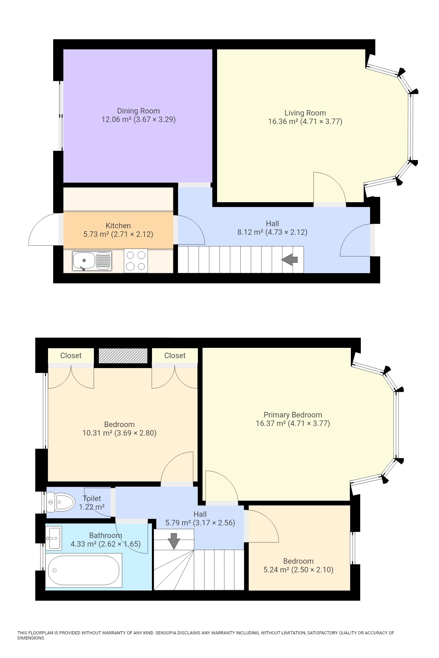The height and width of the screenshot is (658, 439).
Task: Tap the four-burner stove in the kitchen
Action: pos(136,260)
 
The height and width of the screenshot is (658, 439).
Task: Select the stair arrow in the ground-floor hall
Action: pos(289,260)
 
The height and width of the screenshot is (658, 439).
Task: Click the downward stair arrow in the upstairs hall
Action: pos(174,541)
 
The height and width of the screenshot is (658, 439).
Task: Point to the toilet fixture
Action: pos(61,503)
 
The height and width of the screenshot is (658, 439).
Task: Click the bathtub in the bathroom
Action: pos(84,570)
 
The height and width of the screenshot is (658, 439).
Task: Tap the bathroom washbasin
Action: pos(54,537)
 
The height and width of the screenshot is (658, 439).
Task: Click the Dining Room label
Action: pos(138,111)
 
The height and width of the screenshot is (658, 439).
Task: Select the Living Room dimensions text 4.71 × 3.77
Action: pos(321,121)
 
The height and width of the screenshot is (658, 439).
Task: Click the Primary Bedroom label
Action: pos(293,415)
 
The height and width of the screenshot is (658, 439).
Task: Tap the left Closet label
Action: pos(71,355)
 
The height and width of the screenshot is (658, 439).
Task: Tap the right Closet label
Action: pos(175,355)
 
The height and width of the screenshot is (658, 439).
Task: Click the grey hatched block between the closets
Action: pos(123,356)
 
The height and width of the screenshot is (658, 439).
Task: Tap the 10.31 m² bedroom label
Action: pos(119,429)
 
